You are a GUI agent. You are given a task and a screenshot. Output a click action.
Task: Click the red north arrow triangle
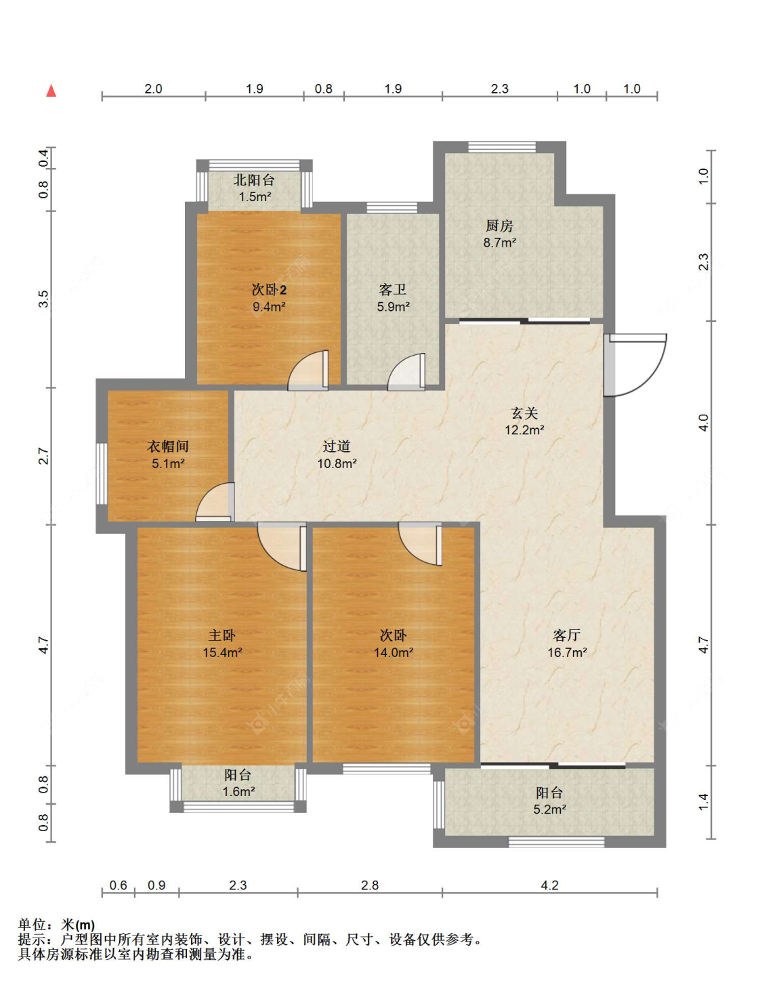(51, 91)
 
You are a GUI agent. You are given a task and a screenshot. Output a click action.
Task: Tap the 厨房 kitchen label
(499, 226)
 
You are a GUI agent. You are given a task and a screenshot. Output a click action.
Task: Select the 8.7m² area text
(499, 243)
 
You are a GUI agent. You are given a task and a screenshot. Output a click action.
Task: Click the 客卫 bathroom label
(392, 289)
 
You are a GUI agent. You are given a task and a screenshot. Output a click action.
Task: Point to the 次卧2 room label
(269, 289)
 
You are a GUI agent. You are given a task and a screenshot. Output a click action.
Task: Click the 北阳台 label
(254, 180)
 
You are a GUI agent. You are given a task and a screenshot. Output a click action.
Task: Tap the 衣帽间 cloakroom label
(167, 446)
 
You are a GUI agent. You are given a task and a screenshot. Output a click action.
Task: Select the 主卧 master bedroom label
(222, 635)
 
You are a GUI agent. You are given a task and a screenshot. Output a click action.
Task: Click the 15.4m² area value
(222, 652)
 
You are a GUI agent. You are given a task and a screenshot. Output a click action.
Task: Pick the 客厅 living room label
(567, 635)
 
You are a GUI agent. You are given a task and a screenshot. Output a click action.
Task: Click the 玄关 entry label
(524, 413)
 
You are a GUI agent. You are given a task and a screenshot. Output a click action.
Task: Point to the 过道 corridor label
(337, 446)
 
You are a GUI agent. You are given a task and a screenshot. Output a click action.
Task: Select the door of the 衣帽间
(215, 501)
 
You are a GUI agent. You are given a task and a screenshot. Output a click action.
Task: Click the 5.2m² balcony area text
(549, 809)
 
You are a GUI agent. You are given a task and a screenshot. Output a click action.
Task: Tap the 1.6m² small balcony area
(238, 792)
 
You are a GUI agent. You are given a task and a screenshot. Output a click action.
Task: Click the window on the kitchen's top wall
(502, 147)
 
